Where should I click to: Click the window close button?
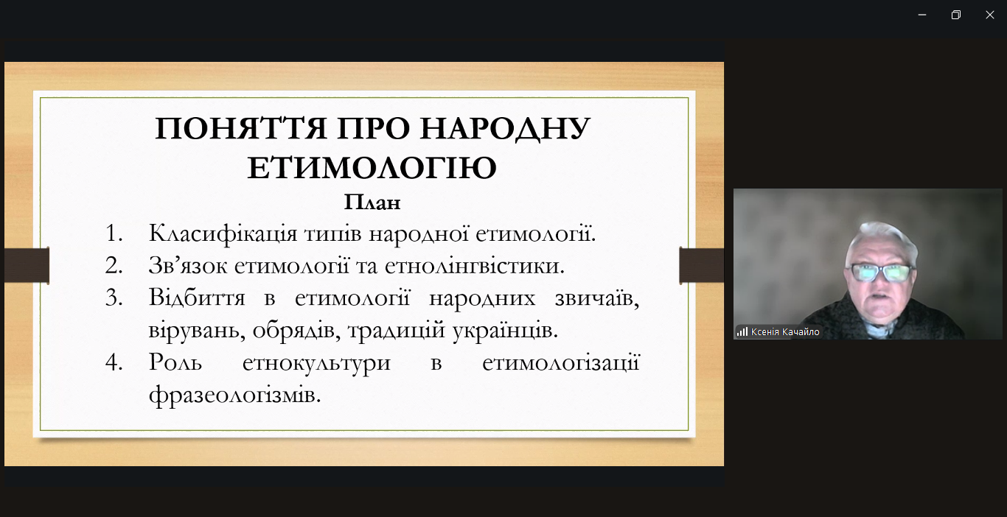(x=989, y=15)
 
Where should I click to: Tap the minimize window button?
(x=921, y=15)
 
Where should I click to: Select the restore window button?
(x=955, y=15)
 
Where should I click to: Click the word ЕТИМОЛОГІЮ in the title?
(x=372, y=168)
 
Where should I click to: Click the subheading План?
(x=372, y=202)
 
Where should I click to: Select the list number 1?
(x=114, y=233)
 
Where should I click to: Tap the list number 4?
(x=114, y=362)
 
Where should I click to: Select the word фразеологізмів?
(x=234, y=395)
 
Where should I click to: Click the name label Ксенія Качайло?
(x=785, y=332)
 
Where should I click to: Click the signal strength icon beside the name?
(x=742, y=332)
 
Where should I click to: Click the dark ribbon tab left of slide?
(x=27, y=265)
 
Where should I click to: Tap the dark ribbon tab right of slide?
(x=701, y=265)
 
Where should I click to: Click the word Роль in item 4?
(x=175, y=362)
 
